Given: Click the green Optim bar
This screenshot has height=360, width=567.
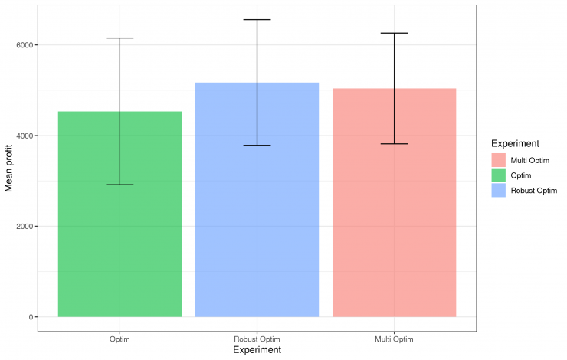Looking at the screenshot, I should pyautogui.click(x=120, y=230).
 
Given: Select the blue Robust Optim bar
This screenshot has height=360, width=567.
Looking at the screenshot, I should pyautogui.click(x=257, y=230).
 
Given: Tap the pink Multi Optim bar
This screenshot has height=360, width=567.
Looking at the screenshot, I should pyautogui.click(x=395, y=230).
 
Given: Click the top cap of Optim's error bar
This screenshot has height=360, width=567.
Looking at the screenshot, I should pyautogui.click(x=120, y=38).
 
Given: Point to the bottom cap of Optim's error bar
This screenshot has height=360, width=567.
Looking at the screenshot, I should pyautogui.click(x=120, y=185).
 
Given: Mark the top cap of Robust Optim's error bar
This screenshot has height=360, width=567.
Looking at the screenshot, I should pyautogui.click(x=257, y=20).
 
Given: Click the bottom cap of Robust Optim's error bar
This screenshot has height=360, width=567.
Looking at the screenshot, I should pyautogui.click(x=257, y=145).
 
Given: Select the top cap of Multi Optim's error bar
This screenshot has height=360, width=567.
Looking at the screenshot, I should pyautogui.click(x=395, y=34).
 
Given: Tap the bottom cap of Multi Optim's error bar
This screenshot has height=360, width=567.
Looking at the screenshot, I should pyautogui.click(x=395, y=144).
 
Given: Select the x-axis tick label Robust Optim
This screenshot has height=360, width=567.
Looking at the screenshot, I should pyautogui.click(x=257, y=339).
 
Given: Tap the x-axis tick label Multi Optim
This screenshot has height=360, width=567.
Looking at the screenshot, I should pyautogui.click(x=395, y=339).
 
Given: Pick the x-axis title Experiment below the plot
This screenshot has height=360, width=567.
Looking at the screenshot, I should pyautogui.click(x=257, y=351).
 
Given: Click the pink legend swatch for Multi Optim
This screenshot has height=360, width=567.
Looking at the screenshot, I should pyautogui.click(x=499, y=159).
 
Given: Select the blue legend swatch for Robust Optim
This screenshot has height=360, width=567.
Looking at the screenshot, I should pyautogui.click(x=499, y=191).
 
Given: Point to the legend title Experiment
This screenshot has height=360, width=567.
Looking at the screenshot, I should pyautogui.click(x=516, y=143).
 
